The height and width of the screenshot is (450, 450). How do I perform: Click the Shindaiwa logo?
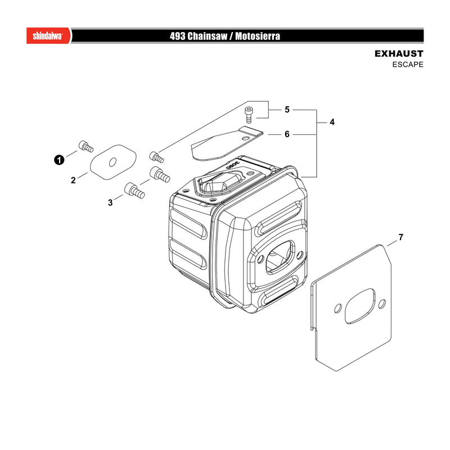(x=48, y=36)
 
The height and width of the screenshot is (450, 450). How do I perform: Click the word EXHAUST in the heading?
(x=399, y=53)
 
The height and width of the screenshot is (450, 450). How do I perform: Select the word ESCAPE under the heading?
(x=408, y=65)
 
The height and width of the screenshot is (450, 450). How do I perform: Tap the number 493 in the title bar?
(x=177, y=36)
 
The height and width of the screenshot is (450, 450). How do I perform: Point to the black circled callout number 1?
(x=59, y=160)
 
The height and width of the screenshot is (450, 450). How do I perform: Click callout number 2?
(x=73, y=180)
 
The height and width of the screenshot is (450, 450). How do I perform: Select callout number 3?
(x=110, y=202)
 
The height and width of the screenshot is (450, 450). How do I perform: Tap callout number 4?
(x=332, y=122)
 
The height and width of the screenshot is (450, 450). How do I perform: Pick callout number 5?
(x=287, y=110)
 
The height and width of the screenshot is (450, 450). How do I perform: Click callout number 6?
(x=287, y=134)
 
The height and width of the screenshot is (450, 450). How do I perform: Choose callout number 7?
(x=400, y=237)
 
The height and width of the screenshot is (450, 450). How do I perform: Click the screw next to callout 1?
(x=86, y=146)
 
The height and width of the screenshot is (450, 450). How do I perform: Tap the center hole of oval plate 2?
(x=113, y=162)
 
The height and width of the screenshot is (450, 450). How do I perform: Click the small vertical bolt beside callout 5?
(x=249, y=115)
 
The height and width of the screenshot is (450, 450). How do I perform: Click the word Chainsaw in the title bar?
(x=207, y=36)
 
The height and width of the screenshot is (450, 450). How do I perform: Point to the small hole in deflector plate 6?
(x=245, y=138)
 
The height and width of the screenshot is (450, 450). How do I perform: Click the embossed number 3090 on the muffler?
(x=233, y=165)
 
